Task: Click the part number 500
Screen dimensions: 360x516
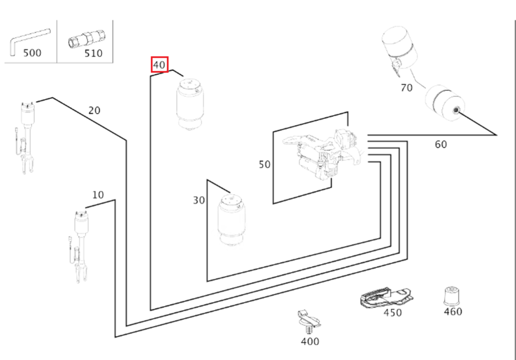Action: pos(32,53)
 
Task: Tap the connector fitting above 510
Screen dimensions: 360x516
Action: pos(87,39)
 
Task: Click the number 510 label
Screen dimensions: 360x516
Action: pos(93,53)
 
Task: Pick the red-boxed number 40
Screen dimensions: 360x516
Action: pos(159,65)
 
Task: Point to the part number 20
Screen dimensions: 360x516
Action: pos(94,110)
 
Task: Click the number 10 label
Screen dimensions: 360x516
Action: pos(98,195)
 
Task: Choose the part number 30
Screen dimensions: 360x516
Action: pos(199,200)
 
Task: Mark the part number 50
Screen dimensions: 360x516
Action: pos(265,165)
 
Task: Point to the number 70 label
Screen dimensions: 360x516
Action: pos(407,88)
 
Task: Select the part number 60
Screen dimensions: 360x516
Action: pos(441,144)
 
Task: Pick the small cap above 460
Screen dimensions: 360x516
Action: pos(452,296)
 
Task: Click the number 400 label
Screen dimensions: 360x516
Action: pos(310,341)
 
